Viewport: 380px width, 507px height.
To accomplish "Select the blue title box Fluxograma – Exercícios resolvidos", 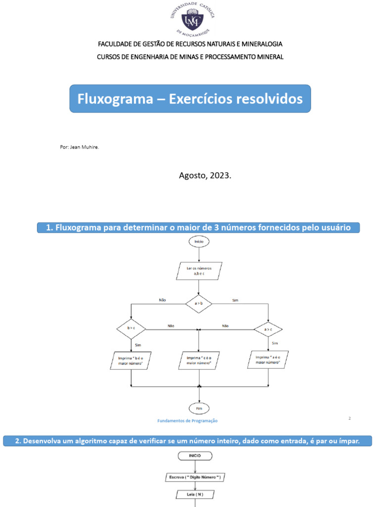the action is coord(190,99).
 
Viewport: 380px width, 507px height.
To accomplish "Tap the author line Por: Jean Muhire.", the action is coord(79,147).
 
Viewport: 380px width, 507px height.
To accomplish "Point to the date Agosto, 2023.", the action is coord(204,175).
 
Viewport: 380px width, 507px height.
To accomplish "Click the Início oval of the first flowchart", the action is coord(199,242).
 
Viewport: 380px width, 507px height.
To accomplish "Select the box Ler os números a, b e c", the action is coord(199,270).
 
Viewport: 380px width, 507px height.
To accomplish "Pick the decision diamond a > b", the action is coord(199,304).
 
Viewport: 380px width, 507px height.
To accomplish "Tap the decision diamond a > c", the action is coord(268,329).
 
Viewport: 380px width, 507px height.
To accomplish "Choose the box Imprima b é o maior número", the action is coord(131,360).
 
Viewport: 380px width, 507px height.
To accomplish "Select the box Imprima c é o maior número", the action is coord(199,360).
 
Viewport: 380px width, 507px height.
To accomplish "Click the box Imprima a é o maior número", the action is coord(268,359).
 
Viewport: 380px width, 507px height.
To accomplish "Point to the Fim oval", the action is coord(199,408).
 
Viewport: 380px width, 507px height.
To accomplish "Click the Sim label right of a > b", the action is coord(235,300).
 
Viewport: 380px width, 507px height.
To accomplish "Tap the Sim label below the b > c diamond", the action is coord(138,344).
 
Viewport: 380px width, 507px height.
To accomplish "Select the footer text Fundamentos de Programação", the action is coord(188,421).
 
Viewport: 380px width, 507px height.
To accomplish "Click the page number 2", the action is coord(349,418).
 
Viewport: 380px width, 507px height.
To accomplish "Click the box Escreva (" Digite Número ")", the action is coord(196,477).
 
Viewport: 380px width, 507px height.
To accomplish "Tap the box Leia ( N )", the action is coord(196,494).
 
